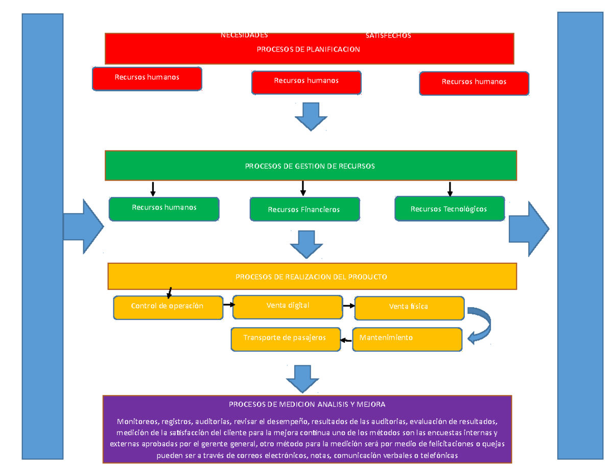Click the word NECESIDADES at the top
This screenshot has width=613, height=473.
tap(244, 35)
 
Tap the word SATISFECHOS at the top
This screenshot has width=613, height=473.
tap(388, 36)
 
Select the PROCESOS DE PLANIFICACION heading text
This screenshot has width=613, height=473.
tap(308, 49)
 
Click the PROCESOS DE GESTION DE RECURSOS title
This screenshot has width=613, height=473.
tap(310, 166)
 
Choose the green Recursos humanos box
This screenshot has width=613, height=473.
tap(164, 208)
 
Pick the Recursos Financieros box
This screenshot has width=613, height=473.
tap(304, 210)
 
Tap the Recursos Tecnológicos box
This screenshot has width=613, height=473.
tap(449, 209)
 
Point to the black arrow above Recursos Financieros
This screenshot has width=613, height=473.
tap(303, 188)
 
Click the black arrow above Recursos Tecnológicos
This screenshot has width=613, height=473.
tap(450, 189)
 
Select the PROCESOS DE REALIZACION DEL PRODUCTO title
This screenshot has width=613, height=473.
tap(311, 277)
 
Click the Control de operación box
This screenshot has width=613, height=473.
tap(168, 307)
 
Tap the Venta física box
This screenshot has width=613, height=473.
tap(409, 307)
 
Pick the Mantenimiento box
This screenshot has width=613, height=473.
tap(407, 338)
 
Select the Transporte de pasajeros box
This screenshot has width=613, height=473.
tap(285, 338)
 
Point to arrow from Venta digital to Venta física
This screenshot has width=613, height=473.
tap(348, 306)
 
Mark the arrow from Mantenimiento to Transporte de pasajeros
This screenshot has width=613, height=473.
tap(346, 340)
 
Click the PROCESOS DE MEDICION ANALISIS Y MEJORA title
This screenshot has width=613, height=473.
tap(306, 404)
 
